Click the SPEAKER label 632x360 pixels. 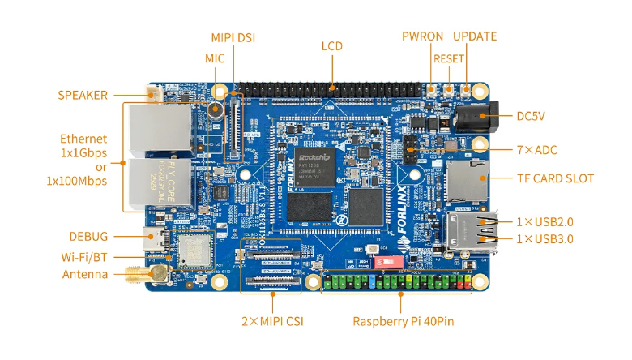83,95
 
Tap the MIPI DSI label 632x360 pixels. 233,37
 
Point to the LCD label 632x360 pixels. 332,46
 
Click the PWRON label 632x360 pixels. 422,36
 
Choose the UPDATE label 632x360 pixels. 475,36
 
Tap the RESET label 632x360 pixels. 449,58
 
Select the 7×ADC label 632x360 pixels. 537,150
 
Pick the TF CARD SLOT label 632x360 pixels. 555,178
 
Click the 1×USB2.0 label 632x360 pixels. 545,221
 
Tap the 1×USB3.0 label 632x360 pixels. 545,238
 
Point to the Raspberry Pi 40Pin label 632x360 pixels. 403,321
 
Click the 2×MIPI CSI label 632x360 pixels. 272,321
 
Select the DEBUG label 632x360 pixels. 88,237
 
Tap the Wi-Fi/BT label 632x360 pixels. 85,257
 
